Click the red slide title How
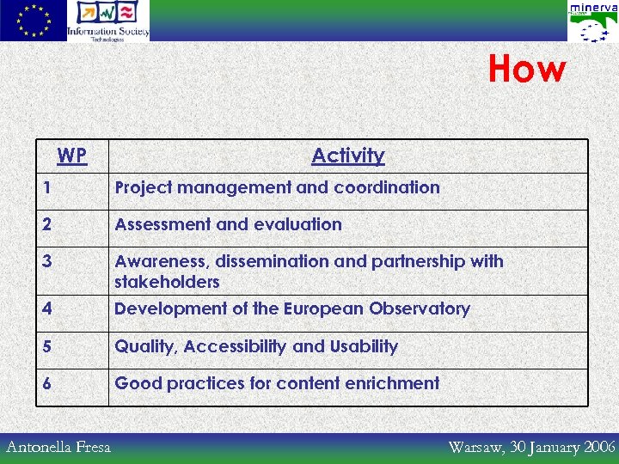point(527,70)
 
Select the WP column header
point(71,156)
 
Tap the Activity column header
point(348,156)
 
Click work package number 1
point(48,187)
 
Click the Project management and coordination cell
point(277,187)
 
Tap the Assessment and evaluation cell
point(228,224)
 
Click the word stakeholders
point(167,282)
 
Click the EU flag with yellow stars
point(33,21)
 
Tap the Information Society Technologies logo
point(108,21)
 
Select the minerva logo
point(592,21)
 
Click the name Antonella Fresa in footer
point(58,447)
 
